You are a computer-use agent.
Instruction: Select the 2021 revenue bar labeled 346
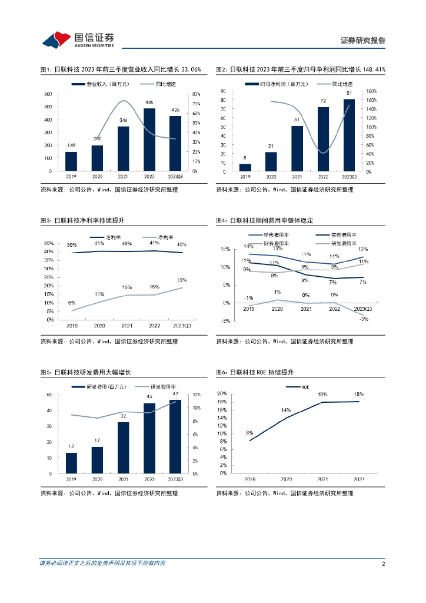(124, 148)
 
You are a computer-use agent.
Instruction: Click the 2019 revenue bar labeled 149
(71, 161)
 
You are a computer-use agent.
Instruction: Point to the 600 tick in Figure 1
(48, 94)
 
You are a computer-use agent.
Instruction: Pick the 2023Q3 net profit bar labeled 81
(350, 135)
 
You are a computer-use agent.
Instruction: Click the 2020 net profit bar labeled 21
(271, 161)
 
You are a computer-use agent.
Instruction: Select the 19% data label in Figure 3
(182, 280)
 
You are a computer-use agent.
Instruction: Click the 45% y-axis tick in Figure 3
(49, 243)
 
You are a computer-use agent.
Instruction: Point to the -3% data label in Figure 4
(364, 319)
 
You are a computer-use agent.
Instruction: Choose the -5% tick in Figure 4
(225, 321)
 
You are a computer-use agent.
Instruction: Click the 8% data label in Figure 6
(249, 433)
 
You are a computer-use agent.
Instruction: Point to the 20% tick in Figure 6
(222, 393)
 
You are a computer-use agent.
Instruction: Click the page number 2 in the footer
(383, 564)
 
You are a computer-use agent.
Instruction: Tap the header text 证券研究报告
(363, 41)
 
